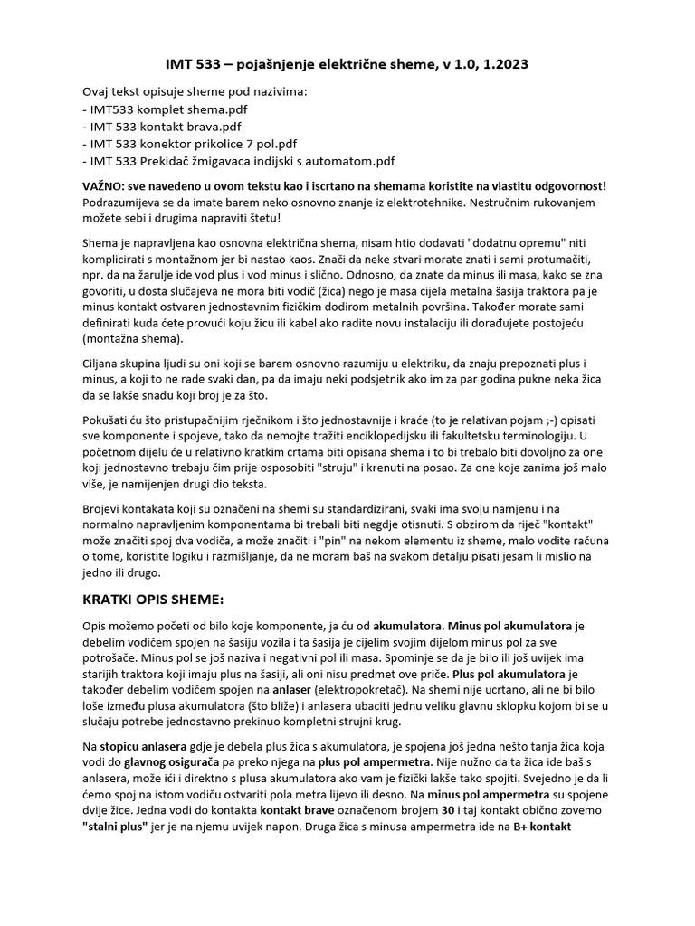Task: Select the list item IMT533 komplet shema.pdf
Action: (163, 109)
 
